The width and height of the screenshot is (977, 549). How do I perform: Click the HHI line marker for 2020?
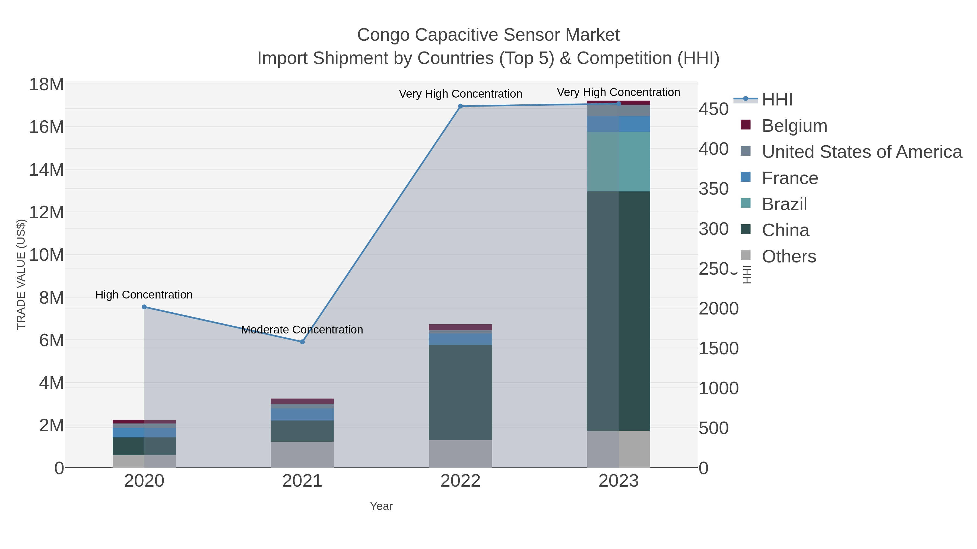point(144,307)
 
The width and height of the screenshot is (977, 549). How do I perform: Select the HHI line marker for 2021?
point(302,342)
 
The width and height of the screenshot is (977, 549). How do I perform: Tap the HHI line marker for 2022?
point(461,106)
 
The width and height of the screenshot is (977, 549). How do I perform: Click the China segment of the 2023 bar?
point(618,311)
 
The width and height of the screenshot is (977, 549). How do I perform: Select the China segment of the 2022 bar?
point(461,392)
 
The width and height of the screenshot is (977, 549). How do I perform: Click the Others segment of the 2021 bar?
point(302,454)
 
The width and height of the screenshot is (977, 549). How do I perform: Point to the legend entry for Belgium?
point(794,126)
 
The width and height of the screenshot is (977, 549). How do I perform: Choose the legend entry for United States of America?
point(862,152)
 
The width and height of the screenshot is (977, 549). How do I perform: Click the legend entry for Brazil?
point(784,204)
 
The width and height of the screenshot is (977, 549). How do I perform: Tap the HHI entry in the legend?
point(777,100)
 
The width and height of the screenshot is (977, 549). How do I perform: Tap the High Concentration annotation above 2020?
point(144,295)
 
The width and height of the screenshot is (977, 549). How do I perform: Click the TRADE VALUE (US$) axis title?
point(21,274)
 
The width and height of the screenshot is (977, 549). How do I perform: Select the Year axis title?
point(381,506)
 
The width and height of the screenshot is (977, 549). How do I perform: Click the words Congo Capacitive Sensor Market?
point(488,35)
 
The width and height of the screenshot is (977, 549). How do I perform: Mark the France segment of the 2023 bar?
point(618,124)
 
